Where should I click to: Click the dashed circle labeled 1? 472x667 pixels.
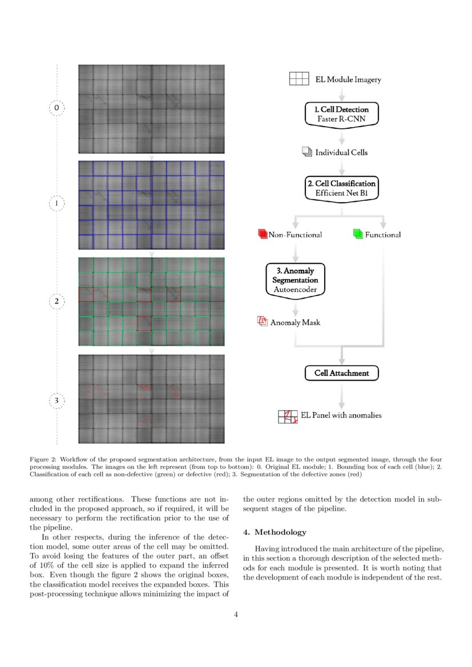(57, 203)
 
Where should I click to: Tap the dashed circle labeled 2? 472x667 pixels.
(57, 301)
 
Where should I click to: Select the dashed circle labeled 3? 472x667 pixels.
(57, 401)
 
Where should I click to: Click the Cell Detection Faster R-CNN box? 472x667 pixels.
(341, 114)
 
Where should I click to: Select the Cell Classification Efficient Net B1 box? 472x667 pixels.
(341, 188)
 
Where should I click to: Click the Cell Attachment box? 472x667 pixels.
(341, 373)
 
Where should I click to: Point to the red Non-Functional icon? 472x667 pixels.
(263, 234)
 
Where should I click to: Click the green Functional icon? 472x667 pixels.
(358, 234)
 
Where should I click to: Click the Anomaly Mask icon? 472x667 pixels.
(263, 322)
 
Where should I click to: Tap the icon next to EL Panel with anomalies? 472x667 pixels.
(288, 417)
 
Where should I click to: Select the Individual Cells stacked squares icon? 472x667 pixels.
(306, 152)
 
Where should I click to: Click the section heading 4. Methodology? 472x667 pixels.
(275, 532)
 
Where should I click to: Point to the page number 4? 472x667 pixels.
(236, 615)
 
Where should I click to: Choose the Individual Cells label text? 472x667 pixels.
(341, 152)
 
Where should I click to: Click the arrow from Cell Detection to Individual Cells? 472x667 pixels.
(341, 138)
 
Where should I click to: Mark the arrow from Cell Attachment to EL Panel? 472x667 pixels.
(341, 394)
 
